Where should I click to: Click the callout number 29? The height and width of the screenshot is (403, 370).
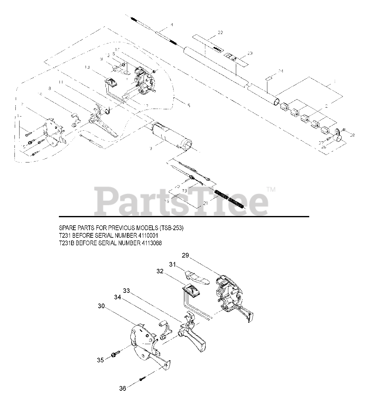pos(185,255)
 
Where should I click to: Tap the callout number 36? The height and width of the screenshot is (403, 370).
pos(122,389)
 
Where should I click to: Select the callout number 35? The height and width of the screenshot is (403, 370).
pos(100,360)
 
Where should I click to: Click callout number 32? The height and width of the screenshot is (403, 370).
pos(160,271)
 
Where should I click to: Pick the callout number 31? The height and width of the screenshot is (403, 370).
pos(172,265)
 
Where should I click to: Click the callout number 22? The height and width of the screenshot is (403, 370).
pos(220,33)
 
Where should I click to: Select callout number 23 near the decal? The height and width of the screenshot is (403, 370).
pos(250,53)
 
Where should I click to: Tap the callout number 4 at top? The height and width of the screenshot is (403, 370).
pos(172,25)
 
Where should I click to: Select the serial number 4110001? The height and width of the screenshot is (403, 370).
pos(144,236)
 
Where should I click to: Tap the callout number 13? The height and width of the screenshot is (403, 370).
pos(87,67)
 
